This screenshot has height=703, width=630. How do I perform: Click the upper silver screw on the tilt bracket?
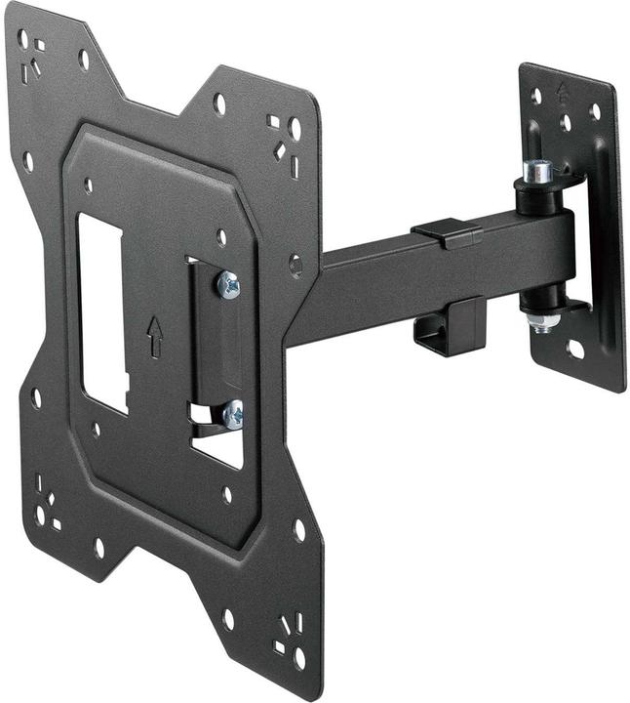[x=230, y=284]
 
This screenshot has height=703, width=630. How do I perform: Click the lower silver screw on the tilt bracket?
[x=232, y=414]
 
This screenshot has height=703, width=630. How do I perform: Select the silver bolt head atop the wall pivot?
[x=537, y=171]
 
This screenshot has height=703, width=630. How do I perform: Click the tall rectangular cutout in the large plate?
[x=101, y=313]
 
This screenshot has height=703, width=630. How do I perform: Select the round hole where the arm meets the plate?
[x=295, y=265]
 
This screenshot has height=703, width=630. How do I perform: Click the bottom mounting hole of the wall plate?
[x=576, y=350]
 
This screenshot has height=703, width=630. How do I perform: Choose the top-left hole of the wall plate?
[x=535, y=96]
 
